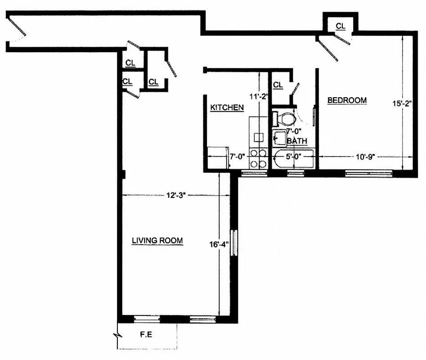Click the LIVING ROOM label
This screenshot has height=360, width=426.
(x=157, y=240)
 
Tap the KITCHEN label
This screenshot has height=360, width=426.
(x=227, y=108)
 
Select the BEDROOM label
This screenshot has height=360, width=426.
(x=346, y=100)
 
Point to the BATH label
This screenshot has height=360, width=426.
(x=297, y=141)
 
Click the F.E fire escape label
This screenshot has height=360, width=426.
(x=145, y=335)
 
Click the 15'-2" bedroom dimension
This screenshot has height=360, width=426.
(x=402, y=103)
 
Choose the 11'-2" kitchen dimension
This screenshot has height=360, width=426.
(x=259, y=95)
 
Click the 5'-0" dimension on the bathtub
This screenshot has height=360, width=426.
(x=293, y=157)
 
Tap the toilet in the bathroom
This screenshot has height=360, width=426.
(x=284, y=119)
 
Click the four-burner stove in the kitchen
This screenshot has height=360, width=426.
(x=258, y=158)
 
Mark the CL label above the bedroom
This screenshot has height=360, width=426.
(x=341, y=27)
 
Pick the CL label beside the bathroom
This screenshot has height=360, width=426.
(x=278, y=85)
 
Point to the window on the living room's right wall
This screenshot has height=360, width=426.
(x=234, y=243)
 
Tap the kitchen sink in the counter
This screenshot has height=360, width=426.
(x=258, y=137)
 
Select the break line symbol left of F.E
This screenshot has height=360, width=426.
(x=117, y=335)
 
